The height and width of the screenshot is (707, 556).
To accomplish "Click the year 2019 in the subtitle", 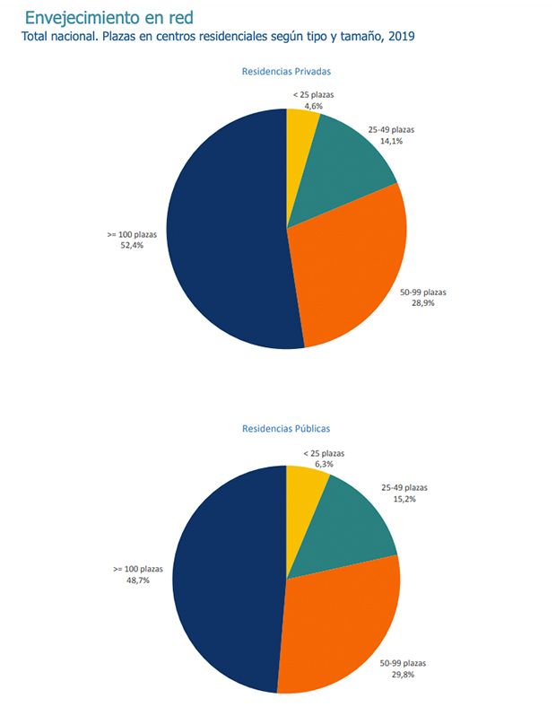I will pyautogui.click(x=401, y=38).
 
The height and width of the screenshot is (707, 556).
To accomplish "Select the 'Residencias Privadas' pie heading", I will pyautogui.click(x=287, y=71).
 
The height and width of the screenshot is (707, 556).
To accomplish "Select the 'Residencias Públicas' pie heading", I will pyautogui.click(x=286, y=429).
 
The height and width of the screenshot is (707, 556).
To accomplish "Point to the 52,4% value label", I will pyautogui.click(x=126, y=245).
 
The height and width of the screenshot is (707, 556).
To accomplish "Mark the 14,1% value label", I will pyautogui.click(x=391, y=140).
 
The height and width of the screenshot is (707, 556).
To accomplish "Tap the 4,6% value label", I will pyautogui.click(x=313, y=106).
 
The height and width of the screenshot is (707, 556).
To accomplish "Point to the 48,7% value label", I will pyautogui.click(x=137, y=580).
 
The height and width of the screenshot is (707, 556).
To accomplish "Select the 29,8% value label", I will pyautogui.click(x=403, y=675).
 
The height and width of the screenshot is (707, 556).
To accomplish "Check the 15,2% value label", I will pyautogui.click(x=404, y=499).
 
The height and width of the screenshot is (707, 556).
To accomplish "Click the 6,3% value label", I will pyautogui.click(x=323, y=465).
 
